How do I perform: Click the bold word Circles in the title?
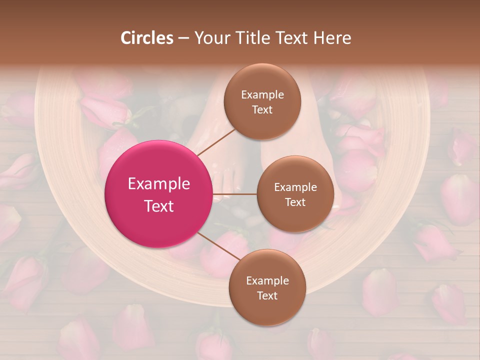[147, 38]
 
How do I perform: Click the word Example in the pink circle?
[158, 184]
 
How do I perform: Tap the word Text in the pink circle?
[158, 206]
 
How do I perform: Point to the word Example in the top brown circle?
[262, 95]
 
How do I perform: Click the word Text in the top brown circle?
[262, 109]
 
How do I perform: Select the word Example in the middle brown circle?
[295, 187]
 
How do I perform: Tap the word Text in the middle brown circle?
[295, 202]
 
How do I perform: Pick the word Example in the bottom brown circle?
[267, 281]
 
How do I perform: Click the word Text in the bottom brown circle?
[267, 295]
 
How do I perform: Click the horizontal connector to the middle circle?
[235, 194]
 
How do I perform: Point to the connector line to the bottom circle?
[219, 246]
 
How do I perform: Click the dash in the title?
[183, 38]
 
